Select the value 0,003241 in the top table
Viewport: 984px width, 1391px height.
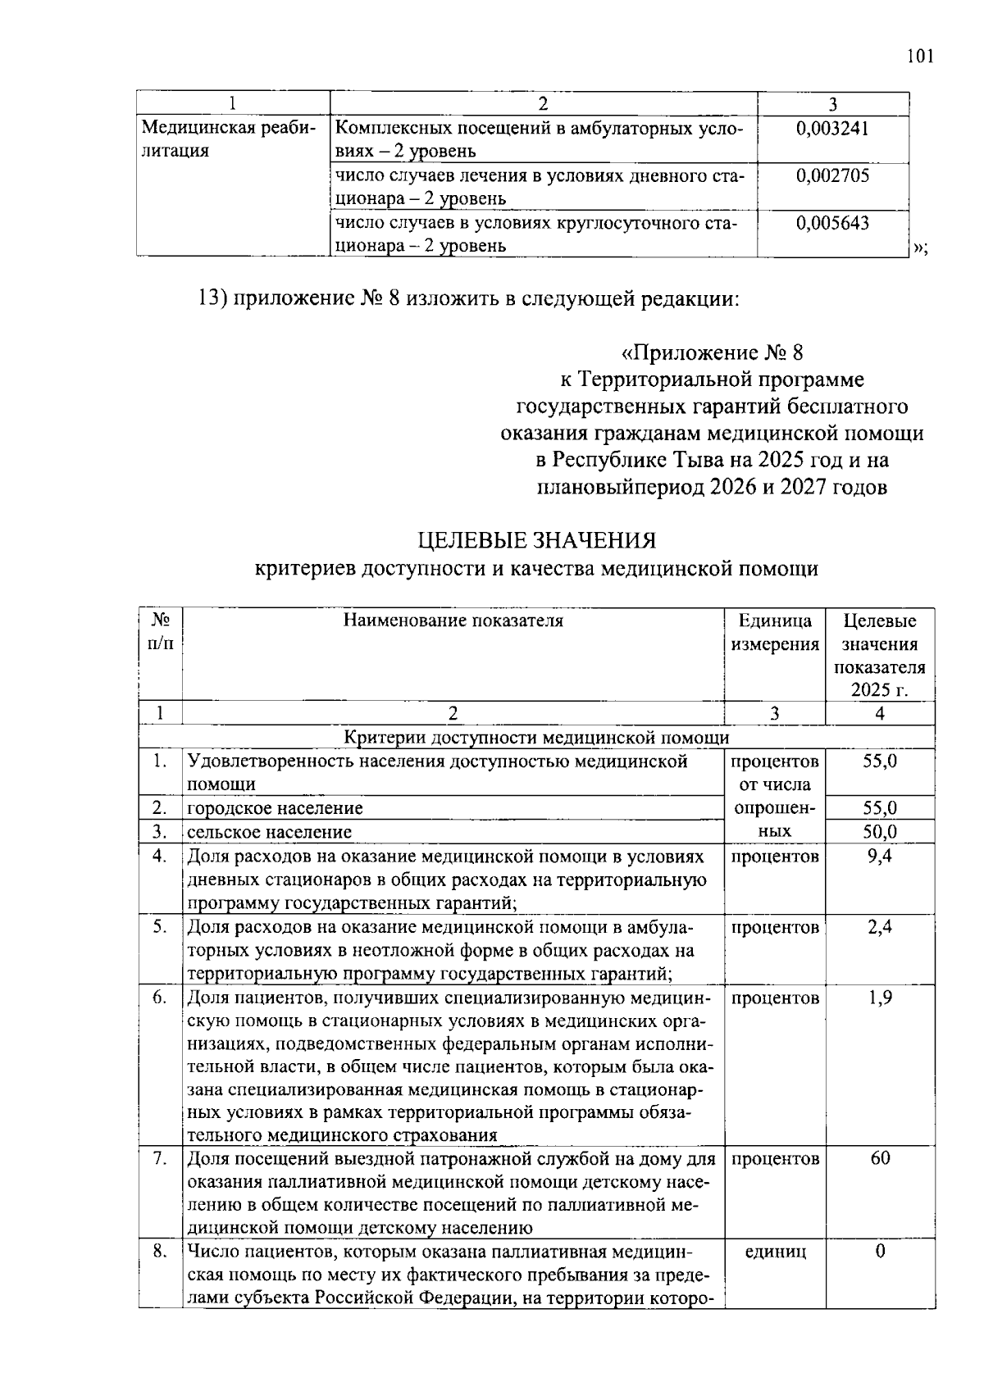(x=832, y=128)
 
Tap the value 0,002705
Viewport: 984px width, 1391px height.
(x=832, y=175)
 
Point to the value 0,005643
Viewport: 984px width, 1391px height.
(x=832, y=223)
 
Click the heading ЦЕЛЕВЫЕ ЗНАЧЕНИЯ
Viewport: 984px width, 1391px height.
(x=537, y=541)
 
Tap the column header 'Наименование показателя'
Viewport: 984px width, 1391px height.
(x=453, y=620)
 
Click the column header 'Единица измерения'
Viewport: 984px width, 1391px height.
(x=774, y=632)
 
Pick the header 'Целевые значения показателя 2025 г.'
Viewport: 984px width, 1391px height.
(x=880, y=655)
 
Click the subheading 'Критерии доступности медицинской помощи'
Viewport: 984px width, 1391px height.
(x=536, y=738)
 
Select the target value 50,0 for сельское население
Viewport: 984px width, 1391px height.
(x=880, y=832)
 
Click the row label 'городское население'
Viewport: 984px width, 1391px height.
(x=275, y=808)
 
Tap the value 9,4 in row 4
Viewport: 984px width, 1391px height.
(x=880, y=857)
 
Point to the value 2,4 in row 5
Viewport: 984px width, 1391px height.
(x=880, y=927)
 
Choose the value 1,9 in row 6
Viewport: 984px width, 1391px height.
(x=880, y=998)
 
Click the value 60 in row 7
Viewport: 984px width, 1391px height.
(x=880, y=1158)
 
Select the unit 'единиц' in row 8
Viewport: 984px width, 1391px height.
(x=774, y=1252)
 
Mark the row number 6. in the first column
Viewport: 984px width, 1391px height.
(x=160, y=998)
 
